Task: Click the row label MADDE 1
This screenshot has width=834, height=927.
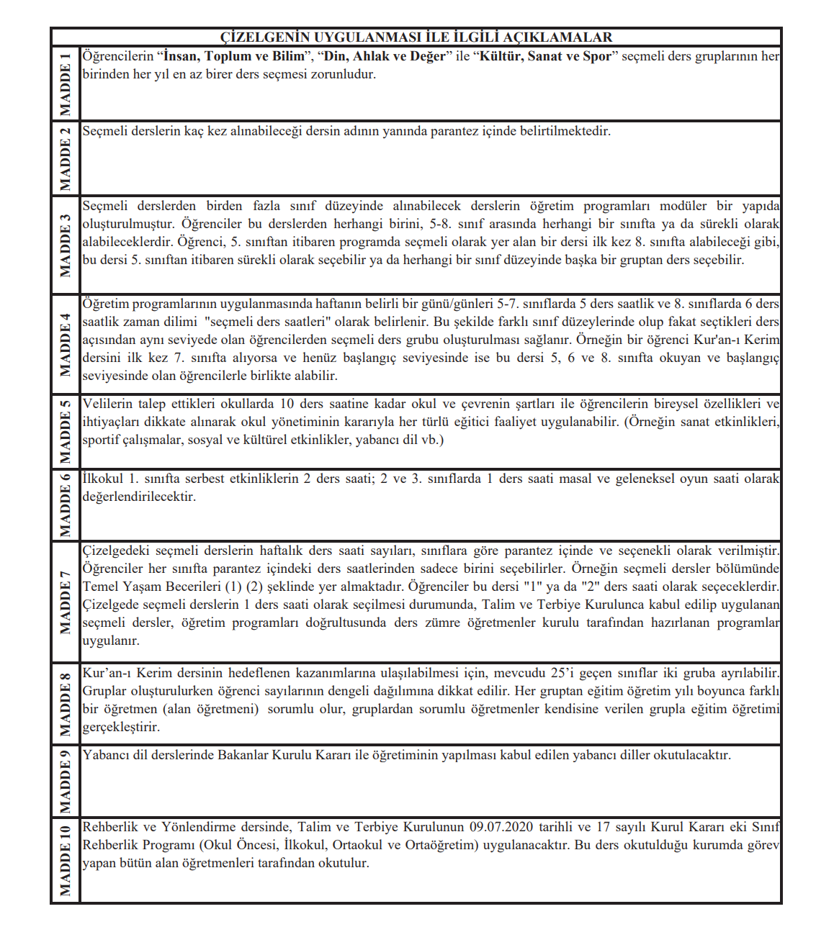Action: click(x=66, y=84)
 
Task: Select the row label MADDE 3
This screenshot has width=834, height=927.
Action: click(x=66, y=245)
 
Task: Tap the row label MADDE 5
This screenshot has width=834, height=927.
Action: click(x=66, y=432)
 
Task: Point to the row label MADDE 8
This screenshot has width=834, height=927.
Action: click(x=66, y=704)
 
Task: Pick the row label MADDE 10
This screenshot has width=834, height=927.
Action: click(x=66, y=860)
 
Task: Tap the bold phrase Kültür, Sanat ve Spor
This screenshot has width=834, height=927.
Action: click(x=545, y=56)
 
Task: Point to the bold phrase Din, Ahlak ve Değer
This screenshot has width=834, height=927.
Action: click(x=385, y=56)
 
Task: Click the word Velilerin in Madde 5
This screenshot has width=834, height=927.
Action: click(x=109, y=404)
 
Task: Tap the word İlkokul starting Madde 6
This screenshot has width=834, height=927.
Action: click(x=103, y=479)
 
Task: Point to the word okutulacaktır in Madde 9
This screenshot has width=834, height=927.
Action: click(x=692, y=755)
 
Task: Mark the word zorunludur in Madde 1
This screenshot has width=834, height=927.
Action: click(x=344, y=74)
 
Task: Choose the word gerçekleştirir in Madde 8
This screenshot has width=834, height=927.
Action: click(x=121, y=727)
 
